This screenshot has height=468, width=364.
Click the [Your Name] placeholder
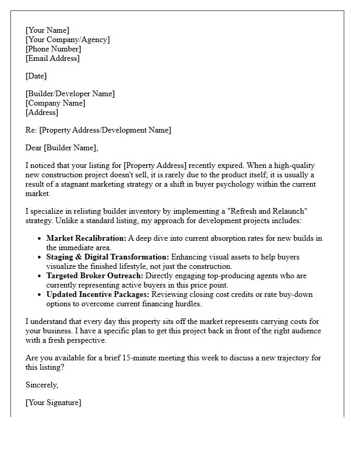coord(47,30)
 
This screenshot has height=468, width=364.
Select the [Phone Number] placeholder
coord(53,49)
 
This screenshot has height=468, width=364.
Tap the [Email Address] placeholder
coord(53,58)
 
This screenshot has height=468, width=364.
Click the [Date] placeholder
coord(36,76)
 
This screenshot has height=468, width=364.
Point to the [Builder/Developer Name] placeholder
coord(70,94)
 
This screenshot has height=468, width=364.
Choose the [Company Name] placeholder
coord(55,103)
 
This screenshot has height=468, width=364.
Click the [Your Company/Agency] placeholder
coord(68,40)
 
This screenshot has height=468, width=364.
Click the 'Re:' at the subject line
coord(31,130)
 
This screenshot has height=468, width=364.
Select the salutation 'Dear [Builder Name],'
coord(61,148)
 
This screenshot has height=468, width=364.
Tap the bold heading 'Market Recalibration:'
coord(86,238)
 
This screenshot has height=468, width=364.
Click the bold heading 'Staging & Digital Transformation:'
coord(108,257)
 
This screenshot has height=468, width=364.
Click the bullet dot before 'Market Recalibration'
coord(40,239)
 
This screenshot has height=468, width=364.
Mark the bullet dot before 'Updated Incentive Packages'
coord(40,295)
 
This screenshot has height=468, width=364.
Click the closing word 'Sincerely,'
coord(42,385)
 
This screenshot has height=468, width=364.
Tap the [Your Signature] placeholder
coord(53,402)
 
